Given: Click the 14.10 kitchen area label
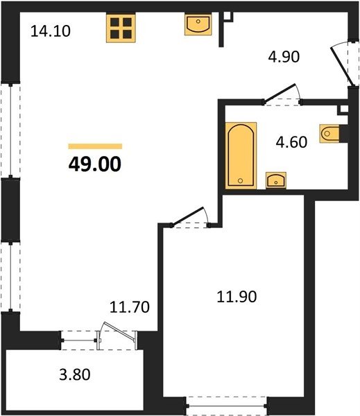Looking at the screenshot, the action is click(x=51, y=31).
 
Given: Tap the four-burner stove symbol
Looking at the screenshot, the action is click(x=121, y=28).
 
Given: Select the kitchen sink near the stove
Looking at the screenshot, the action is click(x=198, y=24).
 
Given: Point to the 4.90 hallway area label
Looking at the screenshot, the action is click(x=284, y=57).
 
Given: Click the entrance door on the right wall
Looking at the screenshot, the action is click(x=342, y=67).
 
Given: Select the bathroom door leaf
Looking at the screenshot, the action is click(x=279, y=93).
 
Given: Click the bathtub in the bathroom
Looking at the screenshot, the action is click(x=241, y=155).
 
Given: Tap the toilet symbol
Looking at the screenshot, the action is click(x=329, y=133).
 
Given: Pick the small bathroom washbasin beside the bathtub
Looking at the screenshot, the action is click(x=276, y=180).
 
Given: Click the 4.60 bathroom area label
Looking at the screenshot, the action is click(x=291, y=142).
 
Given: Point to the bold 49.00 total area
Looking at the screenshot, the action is click(x=95, y=164).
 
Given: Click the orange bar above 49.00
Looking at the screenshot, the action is click(x=95, y=146).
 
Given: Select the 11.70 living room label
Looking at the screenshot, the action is click(x=130, y=307).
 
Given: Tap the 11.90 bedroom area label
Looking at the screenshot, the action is click(x=237, y=297).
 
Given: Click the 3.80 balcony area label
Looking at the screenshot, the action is click(x=75, y=374).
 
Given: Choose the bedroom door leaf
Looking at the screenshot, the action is click(x=187, y=216).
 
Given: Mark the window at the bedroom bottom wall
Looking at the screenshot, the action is click(x=226, y=406).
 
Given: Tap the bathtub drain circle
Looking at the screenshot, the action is click(x=240, y=181).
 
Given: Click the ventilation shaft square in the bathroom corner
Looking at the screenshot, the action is click(x=344, y=110).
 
